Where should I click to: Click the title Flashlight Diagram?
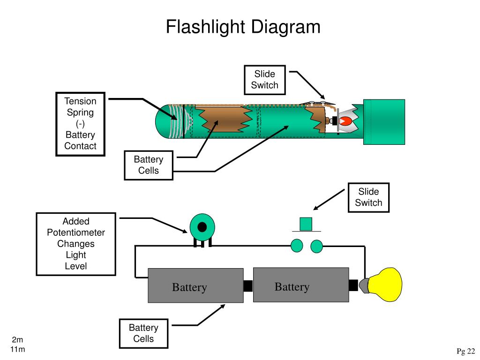[x=243, y=27]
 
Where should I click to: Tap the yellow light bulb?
[x=385, y=285]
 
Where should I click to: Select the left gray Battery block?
[x=195, y=285]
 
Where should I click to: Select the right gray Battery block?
[x=301, y=285]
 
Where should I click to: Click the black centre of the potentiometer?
[x=202, y=227]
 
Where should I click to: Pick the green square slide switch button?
[x=306, y=224]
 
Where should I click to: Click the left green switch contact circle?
[x=297, y=246]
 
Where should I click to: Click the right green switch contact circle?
[x=316, y=246]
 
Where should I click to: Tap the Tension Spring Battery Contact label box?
[x=81, y=124]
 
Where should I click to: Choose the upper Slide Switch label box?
[x=265, y=80]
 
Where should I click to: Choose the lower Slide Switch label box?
[x=368, y=197]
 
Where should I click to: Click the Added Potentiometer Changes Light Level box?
[x=76, y=244]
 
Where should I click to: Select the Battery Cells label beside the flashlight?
[x=149, y=165]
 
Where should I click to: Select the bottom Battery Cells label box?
[x=143, y=333]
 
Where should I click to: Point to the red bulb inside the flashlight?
[x=345, y=121]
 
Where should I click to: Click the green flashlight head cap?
[x=384, y=122]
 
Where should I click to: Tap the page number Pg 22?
[x=465, y=351]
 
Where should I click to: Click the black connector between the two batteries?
[x=248, y=286]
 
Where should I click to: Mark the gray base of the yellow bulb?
[x=364, y=285]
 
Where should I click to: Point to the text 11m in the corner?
[x=17, y=349]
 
